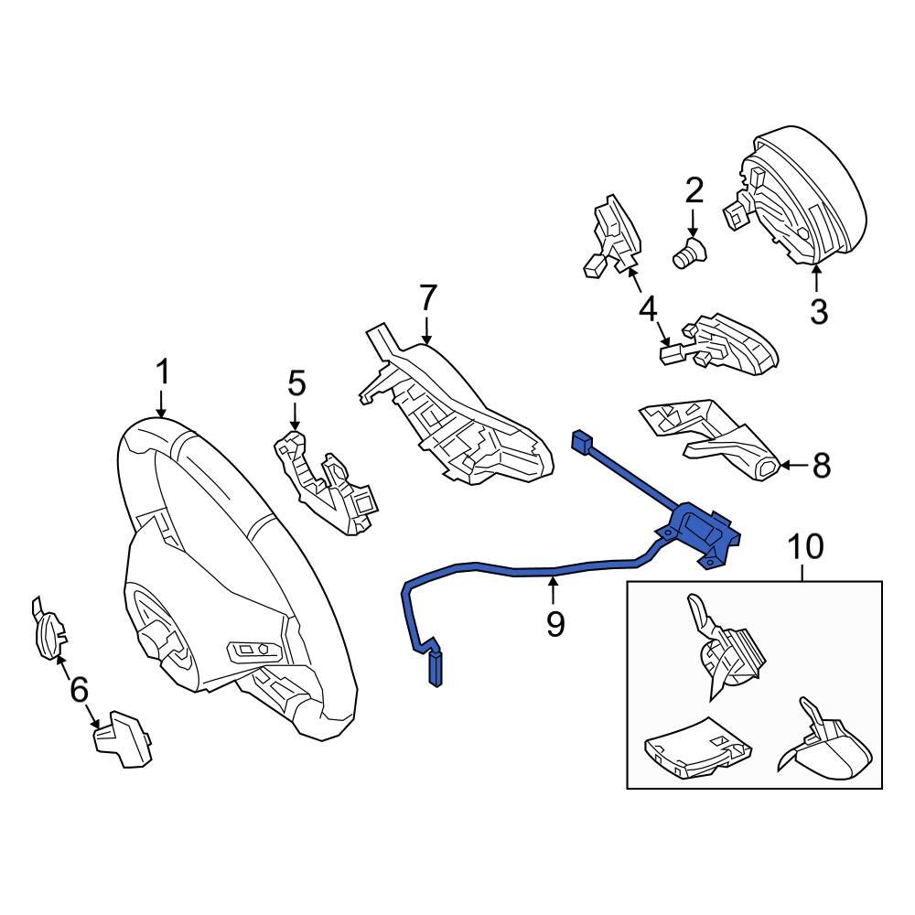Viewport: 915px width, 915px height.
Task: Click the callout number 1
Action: tap(162, 372)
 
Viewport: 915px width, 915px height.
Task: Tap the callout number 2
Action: tap(694, 189)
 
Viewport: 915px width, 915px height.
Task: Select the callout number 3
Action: tap(819, 312)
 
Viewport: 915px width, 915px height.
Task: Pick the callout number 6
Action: tap(80, 690)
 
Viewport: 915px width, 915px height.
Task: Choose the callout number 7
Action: tap(427, 297)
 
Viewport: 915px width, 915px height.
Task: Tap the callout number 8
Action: tap(821, 466)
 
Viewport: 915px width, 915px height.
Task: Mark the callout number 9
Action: tap(555, 624)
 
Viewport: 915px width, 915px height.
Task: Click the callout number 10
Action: tap(805, 546)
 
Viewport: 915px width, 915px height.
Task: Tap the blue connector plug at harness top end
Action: tap(583, 441)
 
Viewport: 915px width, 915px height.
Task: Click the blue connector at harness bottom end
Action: tap(436, 669)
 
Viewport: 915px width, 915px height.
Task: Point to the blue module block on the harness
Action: tap(700, 531)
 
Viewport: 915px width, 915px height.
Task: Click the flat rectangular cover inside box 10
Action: tap(698, 748)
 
